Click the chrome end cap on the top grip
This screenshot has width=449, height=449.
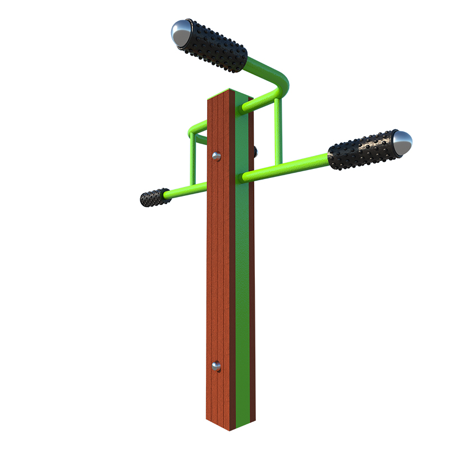[x=181, y=33]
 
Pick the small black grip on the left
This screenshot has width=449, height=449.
[x=154, y=197]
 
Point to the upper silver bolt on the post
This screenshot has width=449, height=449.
[x=216, y=156]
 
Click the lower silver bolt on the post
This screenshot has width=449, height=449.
[x=216, y=366]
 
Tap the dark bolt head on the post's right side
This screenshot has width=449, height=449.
[x=255, y=151]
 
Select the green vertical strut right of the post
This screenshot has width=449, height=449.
[x=278, y=132]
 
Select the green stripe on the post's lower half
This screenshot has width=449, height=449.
[x=242, y=337]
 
